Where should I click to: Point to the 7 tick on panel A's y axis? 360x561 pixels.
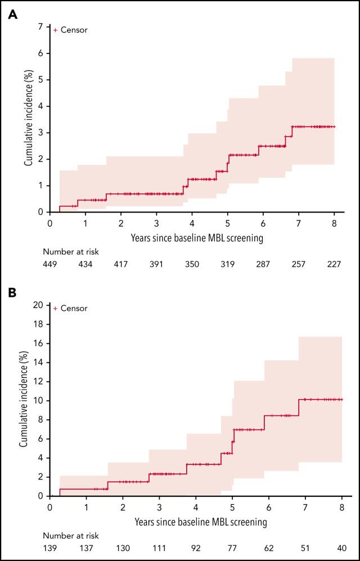[40, 27]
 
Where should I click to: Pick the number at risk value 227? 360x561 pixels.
[334, 265]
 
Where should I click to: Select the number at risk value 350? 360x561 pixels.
[192, 265]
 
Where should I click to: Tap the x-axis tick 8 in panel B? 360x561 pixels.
[341, 507]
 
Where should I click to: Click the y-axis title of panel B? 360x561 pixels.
[24, 401]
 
